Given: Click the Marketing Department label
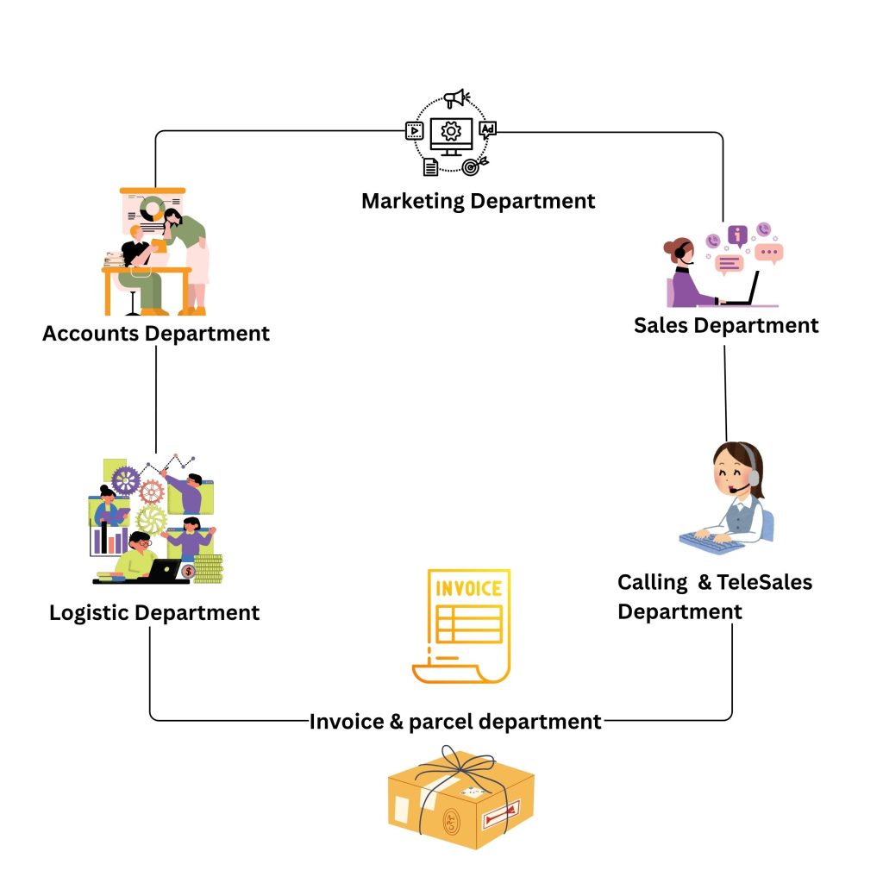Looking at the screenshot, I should tap(478, 201).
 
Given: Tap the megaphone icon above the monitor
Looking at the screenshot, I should tap(455, 99).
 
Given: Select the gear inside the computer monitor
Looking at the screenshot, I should tap(450, 131).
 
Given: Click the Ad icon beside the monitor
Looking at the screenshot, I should tap(488, 130).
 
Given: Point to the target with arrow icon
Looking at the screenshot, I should tap(473, 166).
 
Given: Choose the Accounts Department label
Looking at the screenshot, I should tap(156, 333).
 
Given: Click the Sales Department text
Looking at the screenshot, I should tap(726, 325).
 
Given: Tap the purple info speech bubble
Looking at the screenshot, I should tap(736, 235).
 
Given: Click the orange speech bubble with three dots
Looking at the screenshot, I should tap(768, 254).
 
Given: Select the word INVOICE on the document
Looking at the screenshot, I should tap(469, 589).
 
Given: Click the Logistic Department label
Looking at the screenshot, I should tap(154, 612).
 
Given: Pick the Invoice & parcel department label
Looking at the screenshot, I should tap(455, 721).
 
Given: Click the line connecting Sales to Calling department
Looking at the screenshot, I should tap(725, 392).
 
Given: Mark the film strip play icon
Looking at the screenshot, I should tap(415, 131).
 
